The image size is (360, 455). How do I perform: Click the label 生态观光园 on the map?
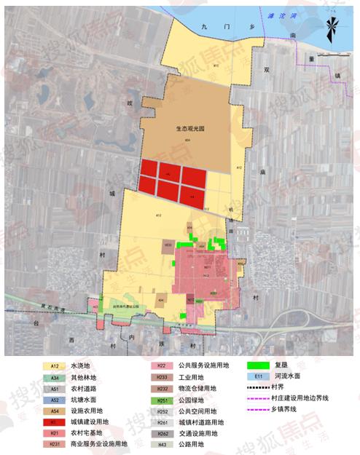[x=192, y=127]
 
